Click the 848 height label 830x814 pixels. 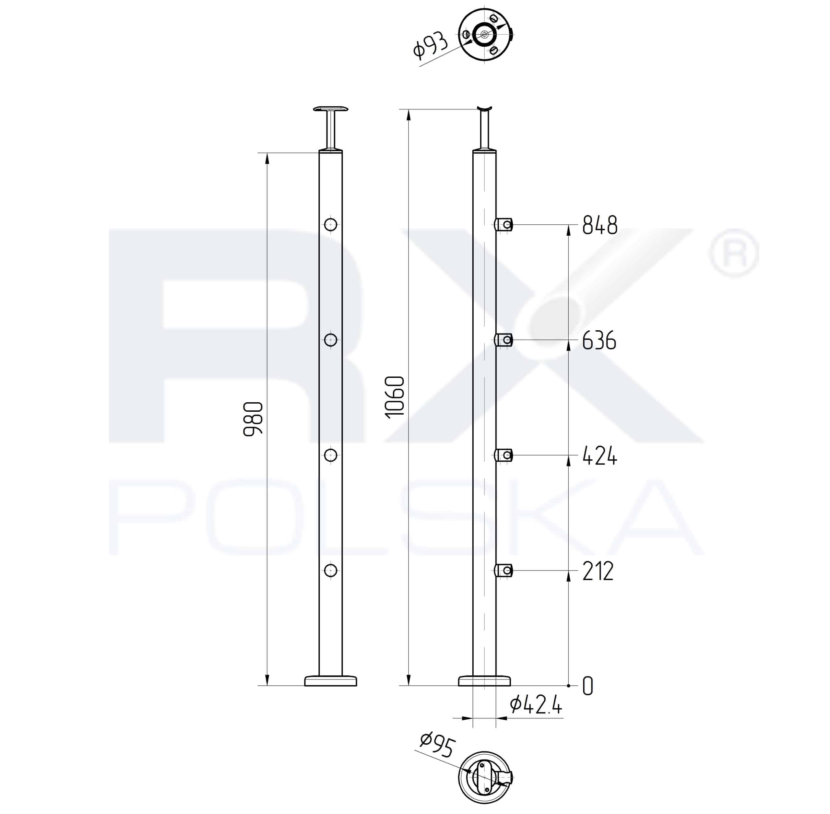point(600,225)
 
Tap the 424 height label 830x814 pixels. point(599,456)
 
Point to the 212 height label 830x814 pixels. point(598,571)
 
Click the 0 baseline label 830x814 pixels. point(588,686)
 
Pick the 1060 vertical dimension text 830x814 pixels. point(394,397)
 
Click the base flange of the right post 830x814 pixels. point(484,681)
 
